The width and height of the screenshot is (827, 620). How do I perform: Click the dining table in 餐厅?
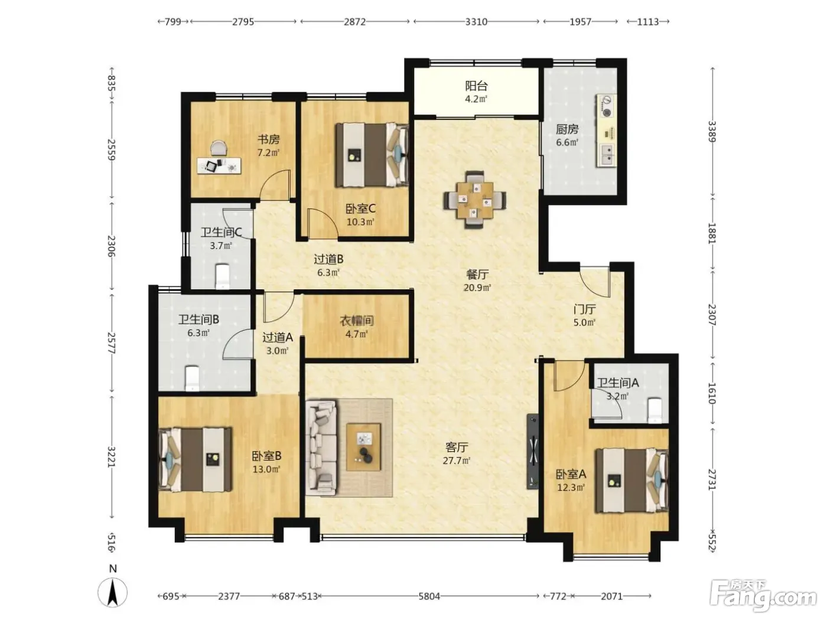pyautogui.click(x=474, y=200)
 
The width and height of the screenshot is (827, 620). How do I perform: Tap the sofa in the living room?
pyautogui.click(x=321, y=448)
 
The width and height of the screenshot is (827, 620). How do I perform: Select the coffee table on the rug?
pyautogui.click(x=363, y=446)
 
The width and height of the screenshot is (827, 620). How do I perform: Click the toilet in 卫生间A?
pyautogui.click(x=655, y=410)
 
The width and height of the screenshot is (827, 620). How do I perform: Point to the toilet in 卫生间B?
pyautogui.click(x=192, y=378)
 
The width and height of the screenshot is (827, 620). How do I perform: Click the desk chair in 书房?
pyautogui.click(x=219, y=148)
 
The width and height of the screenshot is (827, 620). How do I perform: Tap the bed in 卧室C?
pyautogui.click(x=372, y=155)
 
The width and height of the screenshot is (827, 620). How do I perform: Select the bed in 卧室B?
pyautogui.click(x=195, y=459)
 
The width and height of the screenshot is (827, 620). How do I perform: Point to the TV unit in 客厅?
pyautogui.click(x=532, y=451)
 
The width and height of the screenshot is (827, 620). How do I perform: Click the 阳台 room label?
pyautogui.click(x=476, y=86)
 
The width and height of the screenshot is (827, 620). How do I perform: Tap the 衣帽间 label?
pyautogui.click(x=357, y=321)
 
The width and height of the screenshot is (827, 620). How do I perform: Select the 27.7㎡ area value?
pyautogui.click(x=456, y=461)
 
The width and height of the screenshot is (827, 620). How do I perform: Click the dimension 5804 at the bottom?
pyautogui.click(x=429, y=596)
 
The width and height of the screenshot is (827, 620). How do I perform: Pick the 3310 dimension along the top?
pyautogui.click(x=476, y=22)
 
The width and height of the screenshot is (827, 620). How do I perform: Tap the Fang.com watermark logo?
pyautogui.click(x=763, y=596)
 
